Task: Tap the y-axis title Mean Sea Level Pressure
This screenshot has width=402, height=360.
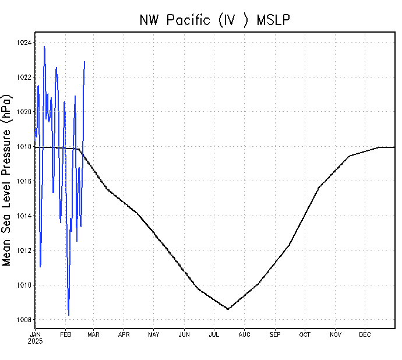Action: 8,181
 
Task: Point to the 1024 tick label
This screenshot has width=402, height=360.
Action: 25,43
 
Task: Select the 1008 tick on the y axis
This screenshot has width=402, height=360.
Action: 25,320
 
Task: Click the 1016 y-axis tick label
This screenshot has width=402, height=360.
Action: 25,181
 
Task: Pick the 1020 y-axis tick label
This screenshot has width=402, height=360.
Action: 25,112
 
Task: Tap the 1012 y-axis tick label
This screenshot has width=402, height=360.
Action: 25,250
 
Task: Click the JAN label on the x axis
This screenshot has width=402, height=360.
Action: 35,334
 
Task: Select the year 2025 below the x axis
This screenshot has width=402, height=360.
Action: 35,341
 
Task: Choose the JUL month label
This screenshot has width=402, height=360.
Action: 214,334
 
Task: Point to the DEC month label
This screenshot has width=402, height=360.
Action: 365,334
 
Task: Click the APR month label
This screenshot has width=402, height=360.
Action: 124,334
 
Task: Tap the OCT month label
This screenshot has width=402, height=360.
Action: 305,334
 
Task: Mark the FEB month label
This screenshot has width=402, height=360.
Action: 65,334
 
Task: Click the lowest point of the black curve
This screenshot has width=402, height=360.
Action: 227,309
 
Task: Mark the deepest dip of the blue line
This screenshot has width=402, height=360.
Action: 69,315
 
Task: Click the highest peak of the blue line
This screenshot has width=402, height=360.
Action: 44,47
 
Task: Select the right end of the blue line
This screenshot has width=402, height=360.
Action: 84,61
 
